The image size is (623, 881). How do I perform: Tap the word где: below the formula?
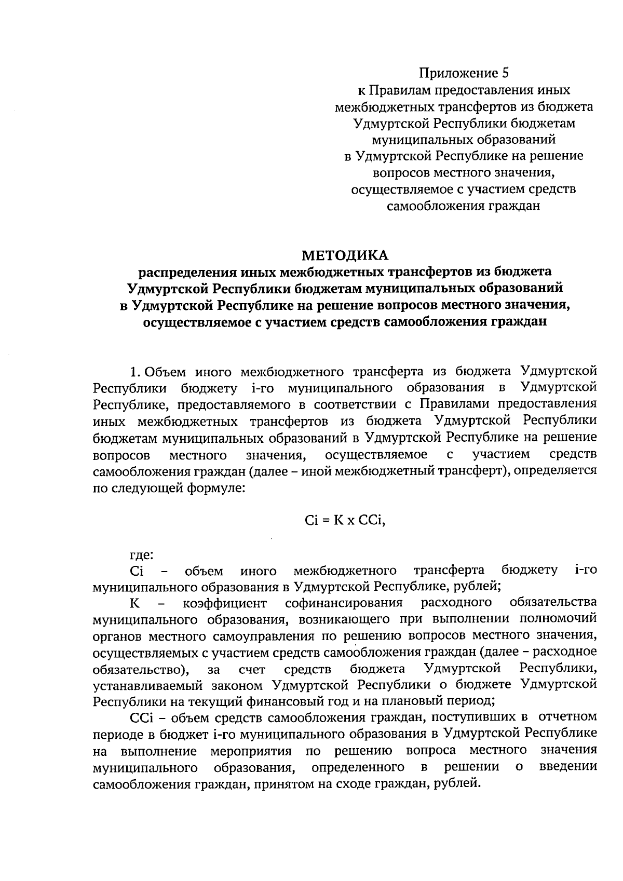(x=141, y=555)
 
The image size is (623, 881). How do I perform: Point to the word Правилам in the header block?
(x=401, y=90)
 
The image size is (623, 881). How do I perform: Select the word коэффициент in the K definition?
(x=224, y=603)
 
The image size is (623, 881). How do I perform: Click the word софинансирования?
(x=344, y=603)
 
